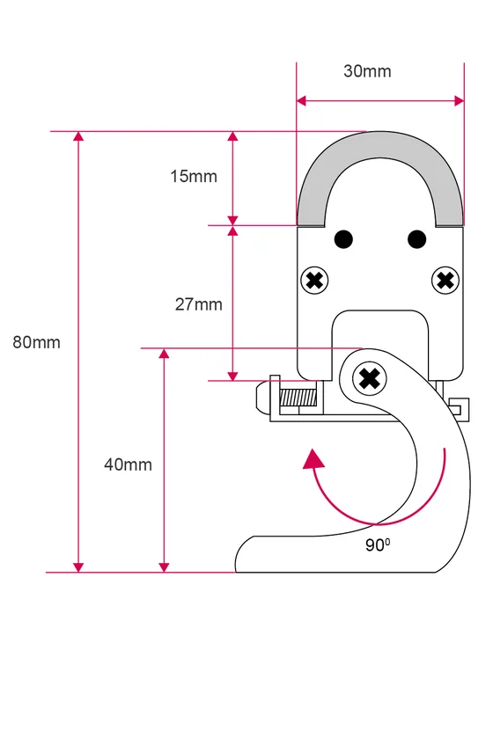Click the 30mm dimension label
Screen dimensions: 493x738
(367, 71)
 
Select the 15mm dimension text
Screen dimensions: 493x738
(194, 177)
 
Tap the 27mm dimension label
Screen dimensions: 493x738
(198, 304)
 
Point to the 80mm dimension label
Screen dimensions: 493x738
(37, 342)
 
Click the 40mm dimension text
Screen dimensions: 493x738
(128, 464)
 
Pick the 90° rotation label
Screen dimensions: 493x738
(378, 544)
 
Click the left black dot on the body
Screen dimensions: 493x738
(343, 239)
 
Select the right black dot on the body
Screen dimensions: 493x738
(416, 239)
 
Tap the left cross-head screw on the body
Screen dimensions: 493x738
(314, 281)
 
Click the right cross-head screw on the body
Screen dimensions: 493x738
(445, 281)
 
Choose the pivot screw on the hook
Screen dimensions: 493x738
(370, 378)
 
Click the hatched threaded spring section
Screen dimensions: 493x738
(298, 398)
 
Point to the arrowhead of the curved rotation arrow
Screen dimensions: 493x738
(313, 459)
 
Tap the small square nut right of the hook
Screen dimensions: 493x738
(459, 409)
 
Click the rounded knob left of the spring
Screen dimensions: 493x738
(262, 398)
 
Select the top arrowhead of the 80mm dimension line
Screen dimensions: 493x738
(78, 136)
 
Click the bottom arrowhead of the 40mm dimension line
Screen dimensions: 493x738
(164, 567)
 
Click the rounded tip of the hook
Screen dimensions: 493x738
(242, 555)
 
